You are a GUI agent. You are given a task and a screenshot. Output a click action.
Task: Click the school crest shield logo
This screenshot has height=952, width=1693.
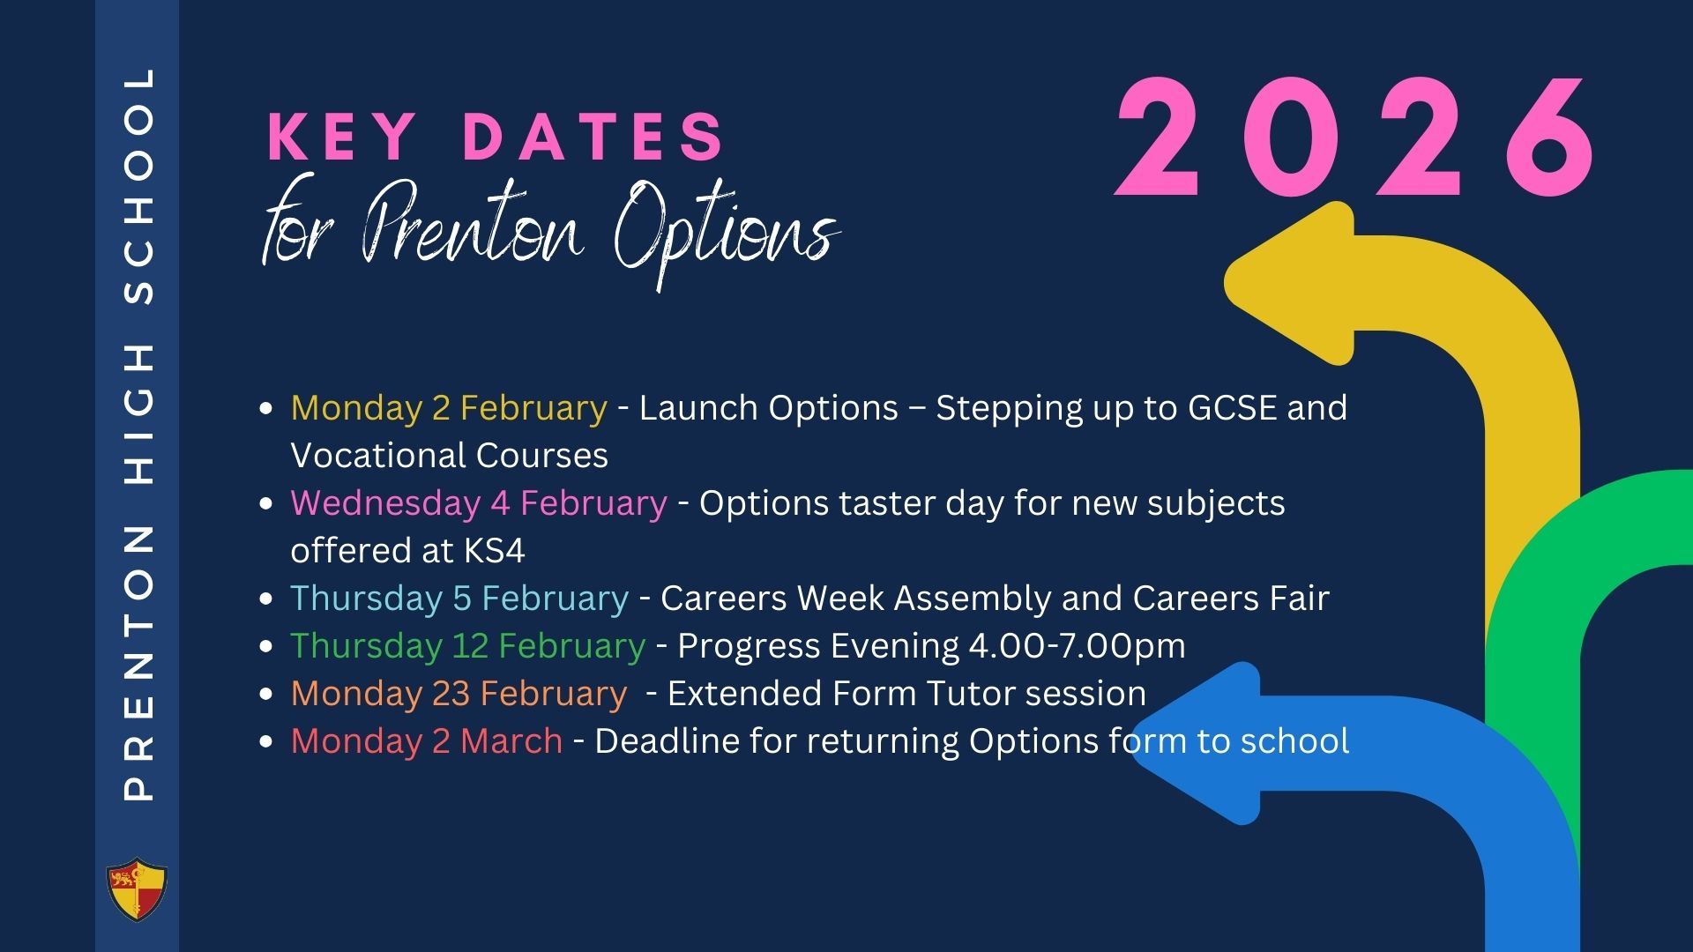[137, 889]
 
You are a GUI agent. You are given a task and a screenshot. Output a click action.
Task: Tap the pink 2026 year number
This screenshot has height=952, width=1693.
[1355, 139]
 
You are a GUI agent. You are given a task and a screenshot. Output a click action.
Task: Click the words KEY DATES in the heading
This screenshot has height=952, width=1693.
[496, 137]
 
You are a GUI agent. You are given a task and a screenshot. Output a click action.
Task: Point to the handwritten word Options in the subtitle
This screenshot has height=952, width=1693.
[726, 231]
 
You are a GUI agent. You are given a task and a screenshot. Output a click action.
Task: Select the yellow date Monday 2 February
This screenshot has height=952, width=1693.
[449, 408]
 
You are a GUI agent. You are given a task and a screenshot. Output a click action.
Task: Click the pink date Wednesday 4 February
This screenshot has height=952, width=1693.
[479, 503]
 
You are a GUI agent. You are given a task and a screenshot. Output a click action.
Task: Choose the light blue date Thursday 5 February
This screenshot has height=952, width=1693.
[459, 599]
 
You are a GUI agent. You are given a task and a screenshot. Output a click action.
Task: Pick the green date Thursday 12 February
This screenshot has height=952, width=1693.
[468, 646]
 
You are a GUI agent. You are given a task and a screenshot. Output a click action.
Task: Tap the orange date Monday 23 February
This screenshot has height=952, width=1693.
[459, 694]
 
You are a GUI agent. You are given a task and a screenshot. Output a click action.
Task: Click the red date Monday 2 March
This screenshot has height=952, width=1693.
[427, 741]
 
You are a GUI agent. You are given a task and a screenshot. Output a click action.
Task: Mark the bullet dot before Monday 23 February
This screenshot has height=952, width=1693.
[267, 695]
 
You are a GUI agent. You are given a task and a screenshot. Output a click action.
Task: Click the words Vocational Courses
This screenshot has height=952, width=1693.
[450, 456]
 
